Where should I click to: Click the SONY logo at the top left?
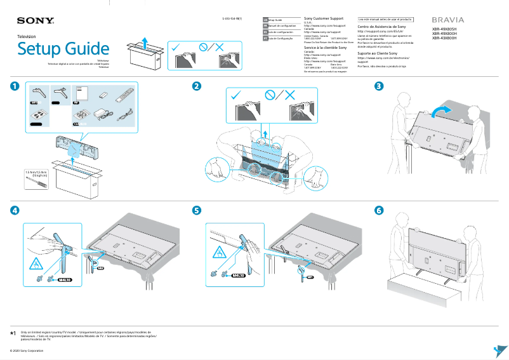click(x=30, y=21)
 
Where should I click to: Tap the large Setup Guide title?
click(x=63, y=48)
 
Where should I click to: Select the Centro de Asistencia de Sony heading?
click(x=382, y=27)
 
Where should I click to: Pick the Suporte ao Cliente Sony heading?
click(x=380, y=53)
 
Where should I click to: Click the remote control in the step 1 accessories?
click(x=123, y=97)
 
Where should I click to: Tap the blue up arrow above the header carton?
click(x=145, y=43)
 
